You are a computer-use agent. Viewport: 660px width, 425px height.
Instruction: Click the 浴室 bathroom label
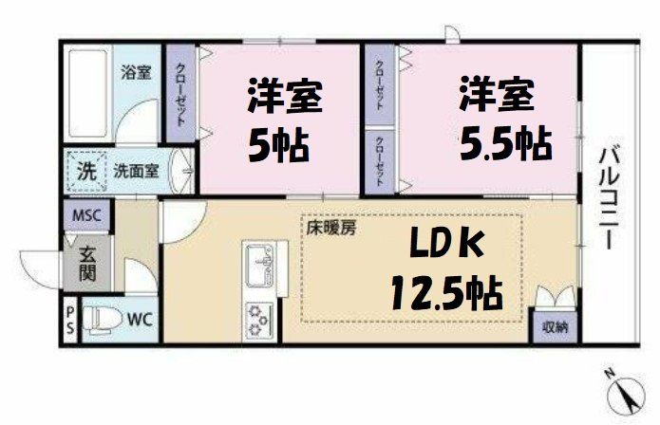[x=136, y=71]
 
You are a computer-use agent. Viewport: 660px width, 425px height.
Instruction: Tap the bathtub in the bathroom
[x=87, y=91]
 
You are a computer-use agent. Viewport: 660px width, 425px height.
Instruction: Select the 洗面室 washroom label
[x=136, y=172]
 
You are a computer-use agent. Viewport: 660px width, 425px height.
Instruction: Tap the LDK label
[x=445, y=246]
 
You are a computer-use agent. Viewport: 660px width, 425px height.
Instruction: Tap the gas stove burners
[x=258, y=318]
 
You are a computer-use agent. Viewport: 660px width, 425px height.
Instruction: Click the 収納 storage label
[x=555, y=327]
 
